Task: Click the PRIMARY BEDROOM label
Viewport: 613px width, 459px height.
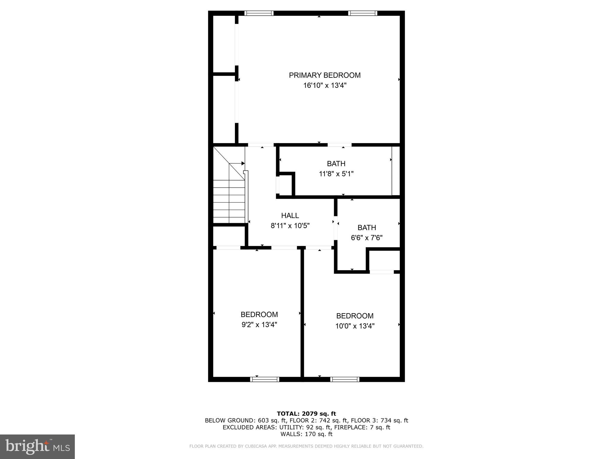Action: coord(325,75)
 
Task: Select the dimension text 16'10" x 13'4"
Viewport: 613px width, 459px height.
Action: coord(325,86)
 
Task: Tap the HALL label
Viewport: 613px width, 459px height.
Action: coord(290,215)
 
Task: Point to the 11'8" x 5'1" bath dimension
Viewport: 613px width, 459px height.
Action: coord(336,174)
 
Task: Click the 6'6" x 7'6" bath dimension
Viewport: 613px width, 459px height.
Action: coord(367,238)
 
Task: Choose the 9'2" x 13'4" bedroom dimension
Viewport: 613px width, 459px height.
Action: coord(259,325)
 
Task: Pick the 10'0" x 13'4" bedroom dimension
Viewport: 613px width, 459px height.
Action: coord(355,326)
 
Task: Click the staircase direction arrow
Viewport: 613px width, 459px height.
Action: coord(243,163)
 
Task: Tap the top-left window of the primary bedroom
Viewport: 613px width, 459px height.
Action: coord(259,13)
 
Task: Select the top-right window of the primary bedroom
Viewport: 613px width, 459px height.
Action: coord(362,13)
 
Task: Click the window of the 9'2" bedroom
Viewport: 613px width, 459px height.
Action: coord(265,380)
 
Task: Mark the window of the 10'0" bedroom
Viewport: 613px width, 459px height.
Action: coord(345,380)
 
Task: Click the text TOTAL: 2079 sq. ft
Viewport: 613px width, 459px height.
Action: coord(306,414)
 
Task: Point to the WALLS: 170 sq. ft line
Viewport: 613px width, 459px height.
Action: coord(306,434)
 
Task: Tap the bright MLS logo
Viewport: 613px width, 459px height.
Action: coord(37,446)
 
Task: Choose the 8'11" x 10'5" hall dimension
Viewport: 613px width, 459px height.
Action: coord(290,226)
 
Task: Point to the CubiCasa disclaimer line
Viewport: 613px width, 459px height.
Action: coord(306,446)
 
